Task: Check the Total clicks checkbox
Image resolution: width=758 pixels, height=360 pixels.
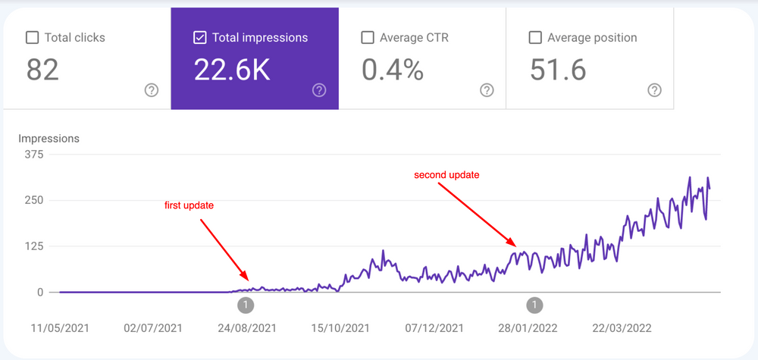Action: click(33, 37)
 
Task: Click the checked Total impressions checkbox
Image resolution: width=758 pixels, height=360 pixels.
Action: click(200, 37)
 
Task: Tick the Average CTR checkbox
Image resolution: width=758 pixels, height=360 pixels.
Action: click(368, 37)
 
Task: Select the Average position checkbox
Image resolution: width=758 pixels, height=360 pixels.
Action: click(535, 37)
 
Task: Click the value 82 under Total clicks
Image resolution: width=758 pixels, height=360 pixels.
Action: click(42, 70)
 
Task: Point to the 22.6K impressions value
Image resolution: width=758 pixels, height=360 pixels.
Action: click(231, 70)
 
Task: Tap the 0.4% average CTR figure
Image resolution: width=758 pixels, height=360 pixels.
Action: click(392, 70)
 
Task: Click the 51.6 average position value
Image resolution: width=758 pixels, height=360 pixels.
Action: click(558, 70)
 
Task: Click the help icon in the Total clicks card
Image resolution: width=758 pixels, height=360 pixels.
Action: click(152, 90)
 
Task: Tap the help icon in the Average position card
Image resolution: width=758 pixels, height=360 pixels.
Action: click(655, 90)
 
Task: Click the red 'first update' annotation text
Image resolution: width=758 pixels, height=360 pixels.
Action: click(189, 205)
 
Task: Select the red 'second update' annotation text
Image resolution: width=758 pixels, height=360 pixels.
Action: click(446, 175)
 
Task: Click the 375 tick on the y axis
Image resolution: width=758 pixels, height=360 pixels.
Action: click(35, 155)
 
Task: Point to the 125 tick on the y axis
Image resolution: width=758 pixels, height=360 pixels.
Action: click(35, 246)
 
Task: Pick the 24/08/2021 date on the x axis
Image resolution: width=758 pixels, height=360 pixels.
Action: click(246, 328)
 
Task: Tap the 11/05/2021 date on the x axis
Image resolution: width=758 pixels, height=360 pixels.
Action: click(59, 328)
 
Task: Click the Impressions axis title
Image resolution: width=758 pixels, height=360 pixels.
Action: click(49, 139)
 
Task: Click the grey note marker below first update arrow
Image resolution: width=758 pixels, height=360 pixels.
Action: click(246, 305)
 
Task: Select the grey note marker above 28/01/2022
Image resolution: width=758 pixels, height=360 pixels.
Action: click(534, 305)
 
